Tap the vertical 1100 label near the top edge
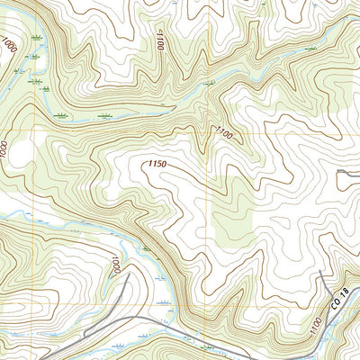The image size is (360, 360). tap(161, 38)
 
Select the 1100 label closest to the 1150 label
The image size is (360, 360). tap(223, 132)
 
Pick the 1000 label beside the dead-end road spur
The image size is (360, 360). tap(115, 266)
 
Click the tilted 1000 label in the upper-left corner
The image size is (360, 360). tap(9, 45)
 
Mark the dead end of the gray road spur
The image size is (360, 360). tap(129, 275)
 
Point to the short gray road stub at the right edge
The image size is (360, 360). tap(349, 171)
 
